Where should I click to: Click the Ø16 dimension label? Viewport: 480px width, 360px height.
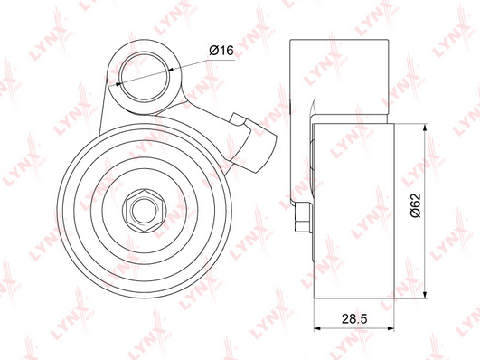(221, 50)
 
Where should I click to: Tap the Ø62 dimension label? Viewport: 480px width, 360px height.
(416, 205)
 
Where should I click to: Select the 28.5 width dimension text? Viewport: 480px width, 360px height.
(354, 319)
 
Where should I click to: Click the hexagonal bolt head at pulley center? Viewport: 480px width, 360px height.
(145, 211)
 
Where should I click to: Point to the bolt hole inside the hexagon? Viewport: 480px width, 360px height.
(145, 211)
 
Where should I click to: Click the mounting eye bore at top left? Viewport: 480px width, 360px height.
(145, 77)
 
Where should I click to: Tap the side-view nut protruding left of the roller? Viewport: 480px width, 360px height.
(303, 217)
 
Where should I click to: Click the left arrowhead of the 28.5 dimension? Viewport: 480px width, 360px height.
(317, 328)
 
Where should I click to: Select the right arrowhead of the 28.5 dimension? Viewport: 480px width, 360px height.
(391, 328)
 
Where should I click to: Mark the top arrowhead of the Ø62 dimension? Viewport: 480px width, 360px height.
(425, 128)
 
